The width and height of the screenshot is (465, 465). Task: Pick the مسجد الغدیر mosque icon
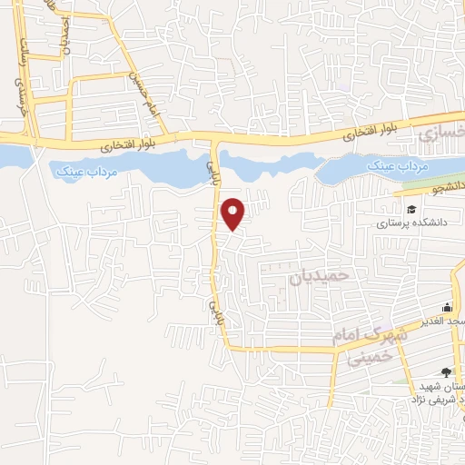[x=446, y=308]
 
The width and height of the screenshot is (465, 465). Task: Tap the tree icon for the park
[x=445, y=371]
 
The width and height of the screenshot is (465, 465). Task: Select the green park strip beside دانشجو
[x=427, y=181]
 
